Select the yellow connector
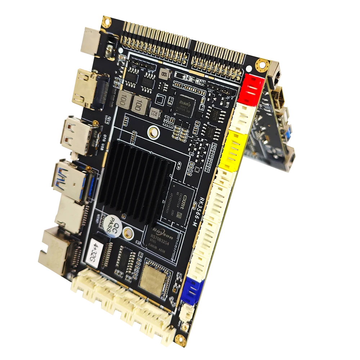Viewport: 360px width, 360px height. click(x=231, y=150)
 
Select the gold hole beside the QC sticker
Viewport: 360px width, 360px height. click(x=127, y=234)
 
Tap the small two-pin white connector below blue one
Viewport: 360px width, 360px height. click(x=187, y=310)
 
